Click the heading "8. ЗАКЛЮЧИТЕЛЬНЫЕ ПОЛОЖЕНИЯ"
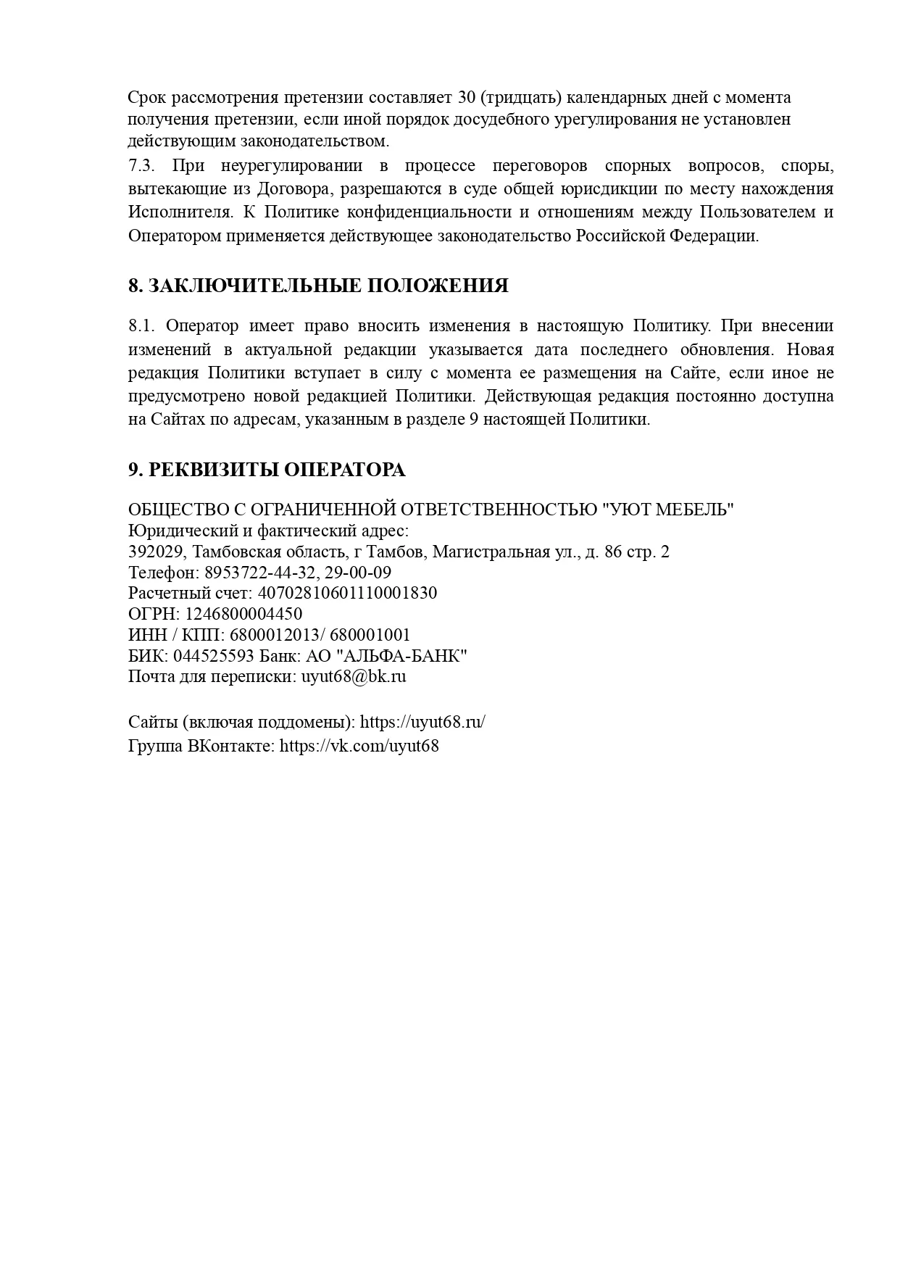[x=318, y=286]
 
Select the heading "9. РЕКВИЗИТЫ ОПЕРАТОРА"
[x=267, y=470]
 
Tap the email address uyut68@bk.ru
[x=354, y=676]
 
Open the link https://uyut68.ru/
[x=422, y=722]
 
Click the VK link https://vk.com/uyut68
[x=359, y=745]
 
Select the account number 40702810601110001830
[x=347, y=593]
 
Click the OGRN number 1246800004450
[x=243, y=614]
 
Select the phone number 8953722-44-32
[x=255, y=573]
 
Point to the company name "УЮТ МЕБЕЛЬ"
[x=668, y=510]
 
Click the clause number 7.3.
[x=142, y=165]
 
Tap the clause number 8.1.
[x=142, y=326]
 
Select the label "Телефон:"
[x=164, y=573]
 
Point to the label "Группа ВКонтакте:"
[x=201, y=745]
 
